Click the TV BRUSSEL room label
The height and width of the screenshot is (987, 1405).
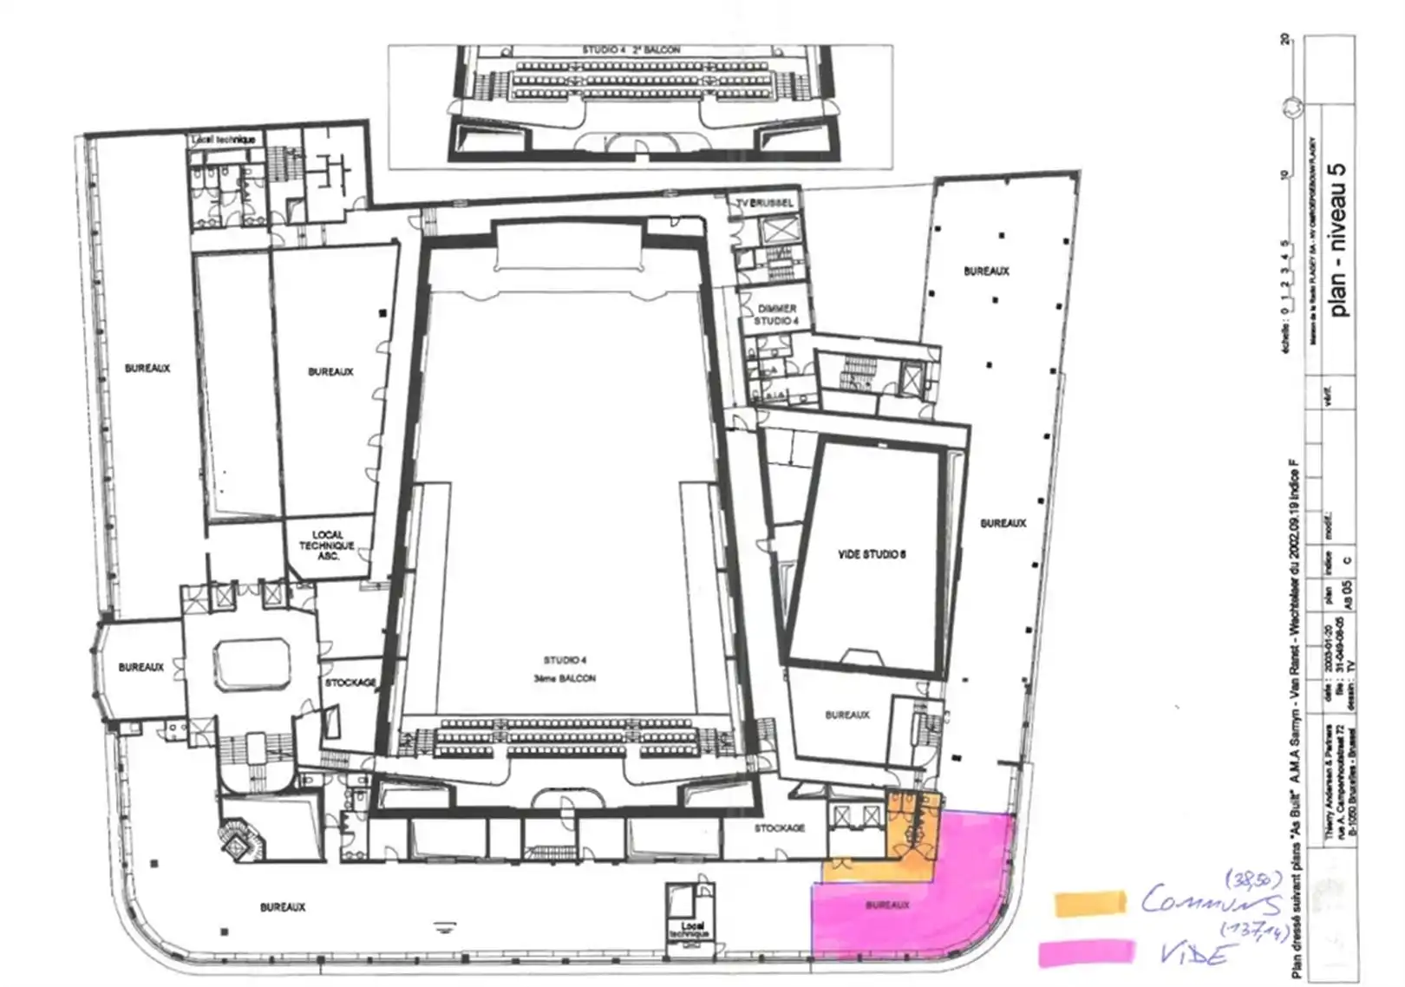coord(764,203)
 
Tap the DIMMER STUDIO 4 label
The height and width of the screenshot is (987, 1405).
coord(776,315)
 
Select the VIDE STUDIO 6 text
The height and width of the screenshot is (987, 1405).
coord(872,554)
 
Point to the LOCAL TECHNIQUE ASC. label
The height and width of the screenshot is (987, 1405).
coord(327,546)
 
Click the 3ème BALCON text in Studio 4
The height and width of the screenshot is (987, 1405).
coord(565,678)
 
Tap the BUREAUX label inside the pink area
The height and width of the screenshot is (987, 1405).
coord(886,905)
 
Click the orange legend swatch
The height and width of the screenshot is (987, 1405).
coord(1089,903)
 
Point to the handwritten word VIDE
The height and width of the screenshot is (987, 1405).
coord(1196,954)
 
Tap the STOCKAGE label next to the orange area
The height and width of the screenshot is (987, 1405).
coord(779,828)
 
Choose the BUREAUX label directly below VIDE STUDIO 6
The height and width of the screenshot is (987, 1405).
coord(847,715)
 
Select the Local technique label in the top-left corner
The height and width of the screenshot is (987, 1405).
coord(224,140)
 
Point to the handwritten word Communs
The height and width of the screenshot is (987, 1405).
coord(1210,902)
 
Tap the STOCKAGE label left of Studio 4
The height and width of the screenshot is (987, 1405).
coord(350,683)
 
